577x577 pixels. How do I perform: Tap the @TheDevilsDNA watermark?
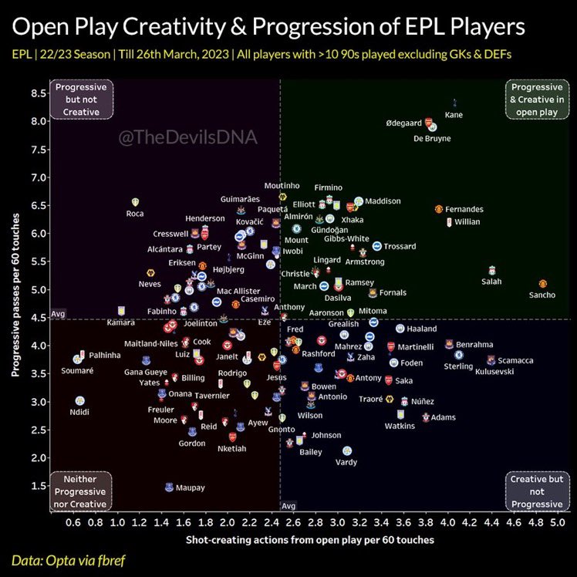click(187, 138)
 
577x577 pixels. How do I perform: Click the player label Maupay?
click(190, 488)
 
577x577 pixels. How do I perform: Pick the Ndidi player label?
click(79, 413)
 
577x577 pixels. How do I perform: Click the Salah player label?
click(491, 282)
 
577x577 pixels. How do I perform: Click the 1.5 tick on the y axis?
click(35, 486)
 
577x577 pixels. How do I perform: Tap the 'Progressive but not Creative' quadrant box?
click(81, 100)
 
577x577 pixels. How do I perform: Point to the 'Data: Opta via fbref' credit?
click(65, 559)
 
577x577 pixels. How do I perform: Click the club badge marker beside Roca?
click(136, 202)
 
